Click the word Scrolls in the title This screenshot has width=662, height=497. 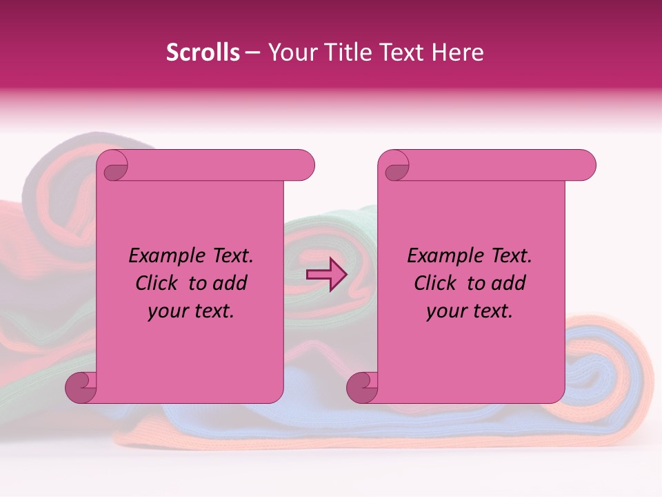203,52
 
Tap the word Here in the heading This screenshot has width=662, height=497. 457,52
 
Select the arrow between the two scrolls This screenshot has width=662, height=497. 326,275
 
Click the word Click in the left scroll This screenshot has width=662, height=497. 158,284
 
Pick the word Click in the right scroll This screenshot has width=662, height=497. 437,284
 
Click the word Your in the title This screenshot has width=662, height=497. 291,52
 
